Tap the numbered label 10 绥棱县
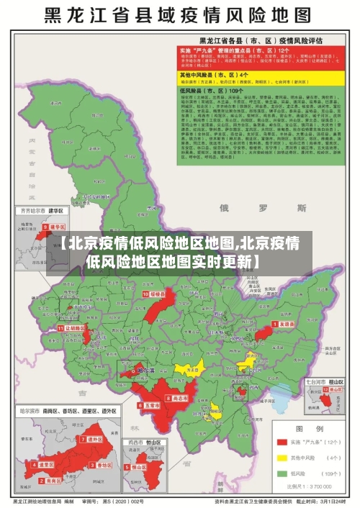click(154, 294)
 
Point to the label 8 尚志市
click(178, 398)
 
